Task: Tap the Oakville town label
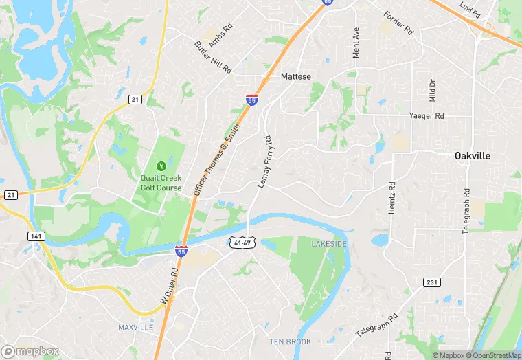pos(473,156)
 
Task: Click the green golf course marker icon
pos(161,166)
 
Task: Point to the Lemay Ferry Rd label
pos(265,161)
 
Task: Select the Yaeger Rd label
pos(427,116)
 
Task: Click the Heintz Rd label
pos(392,198)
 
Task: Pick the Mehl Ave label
pos(356,42)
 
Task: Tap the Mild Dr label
pos(432,90)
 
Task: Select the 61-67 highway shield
pos(241,243)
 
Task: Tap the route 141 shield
pos(37,236)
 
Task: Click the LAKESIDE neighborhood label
pos(329,244)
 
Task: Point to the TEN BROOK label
pos(290,341)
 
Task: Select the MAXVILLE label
pos(135,328)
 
